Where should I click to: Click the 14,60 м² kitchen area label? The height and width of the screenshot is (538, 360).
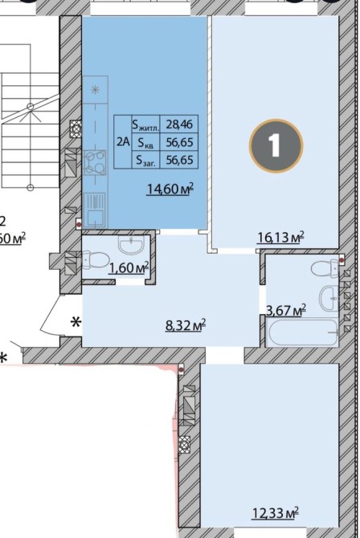point(170,189)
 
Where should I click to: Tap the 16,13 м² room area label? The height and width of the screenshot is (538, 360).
point(281,237)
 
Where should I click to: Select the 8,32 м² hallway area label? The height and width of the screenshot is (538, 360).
point(186,325)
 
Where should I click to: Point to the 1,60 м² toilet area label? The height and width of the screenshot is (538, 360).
point(129,268)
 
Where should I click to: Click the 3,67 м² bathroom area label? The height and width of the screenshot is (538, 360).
point(287,311)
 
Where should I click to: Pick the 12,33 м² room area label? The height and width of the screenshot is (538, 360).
point(276,514)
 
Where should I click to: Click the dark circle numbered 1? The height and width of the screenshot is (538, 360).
point(276,145)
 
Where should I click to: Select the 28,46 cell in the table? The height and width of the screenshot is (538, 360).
point(179,124)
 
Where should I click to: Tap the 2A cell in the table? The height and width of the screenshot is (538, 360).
point(123,141)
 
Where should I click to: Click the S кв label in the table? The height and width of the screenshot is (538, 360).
point(145,142)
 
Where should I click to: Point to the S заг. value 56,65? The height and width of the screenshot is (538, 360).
point(179,160)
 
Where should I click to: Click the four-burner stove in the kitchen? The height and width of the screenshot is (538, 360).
point(95,163)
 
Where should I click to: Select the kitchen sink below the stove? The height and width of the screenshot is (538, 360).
point(95,210)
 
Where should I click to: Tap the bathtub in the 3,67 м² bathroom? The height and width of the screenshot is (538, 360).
point(303,332)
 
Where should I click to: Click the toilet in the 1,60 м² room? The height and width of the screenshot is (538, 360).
point(95,260)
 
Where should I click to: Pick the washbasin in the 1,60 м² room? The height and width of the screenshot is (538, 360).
point(131,245)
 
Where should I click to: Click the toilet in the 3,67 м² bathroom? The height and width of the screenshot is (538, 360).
point(325,268)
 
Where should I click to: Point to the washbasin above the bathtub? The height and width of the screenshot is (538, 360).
point(329,300)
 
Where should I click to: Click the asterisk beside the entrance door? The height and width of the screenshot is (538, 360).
point(76,323)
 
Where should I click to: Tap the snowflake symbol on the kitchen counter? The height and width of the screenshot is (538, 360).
point(95,90)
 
